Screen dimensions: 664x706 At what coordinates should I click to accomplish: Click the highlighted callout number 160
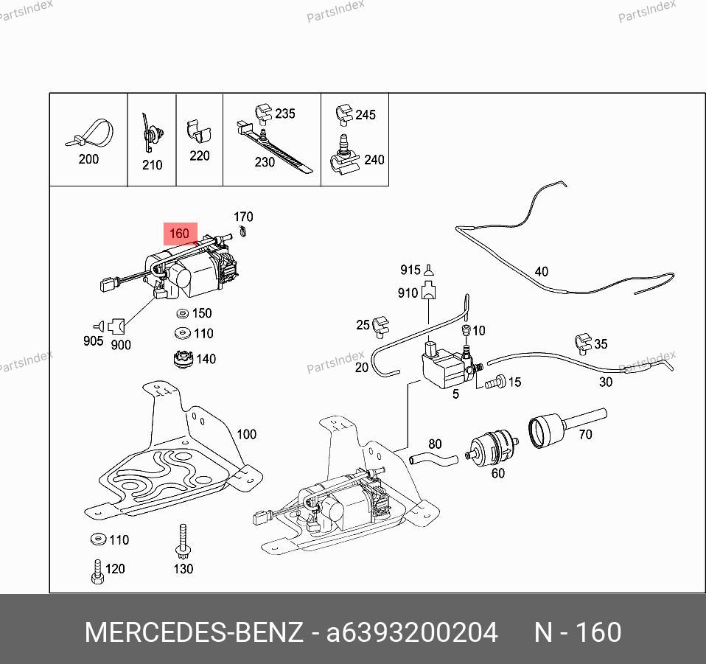179,234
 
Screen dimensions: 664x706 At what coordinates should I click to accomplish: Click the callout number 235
284,113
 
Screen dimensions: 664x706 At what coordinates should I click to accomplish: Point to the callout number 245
366,114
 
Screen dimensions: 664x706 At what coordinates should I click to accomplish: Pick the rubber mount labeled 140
181,359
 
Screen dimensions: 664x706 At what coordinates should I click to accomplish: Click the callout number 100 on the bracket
246,434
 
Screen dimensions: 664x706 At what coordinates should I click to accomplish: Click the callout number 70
585,435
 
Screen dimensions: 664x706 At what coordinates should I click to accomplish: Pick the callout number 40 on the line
542,271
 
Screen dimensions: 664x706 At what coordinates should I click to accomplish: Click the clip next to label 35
582,342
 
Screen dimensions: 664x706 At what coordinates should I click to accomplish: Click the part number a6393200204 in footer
412,632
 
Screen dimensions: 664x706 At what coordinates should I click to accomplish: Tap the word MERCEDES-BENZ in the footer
194,632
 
